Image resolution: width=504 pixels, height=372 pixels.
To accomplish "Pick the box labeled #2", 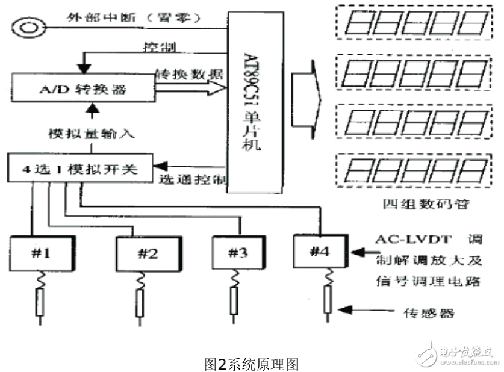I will point(148,253).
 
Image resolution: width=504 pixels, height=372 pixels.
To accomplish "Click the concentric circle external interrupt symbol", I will point(28,27).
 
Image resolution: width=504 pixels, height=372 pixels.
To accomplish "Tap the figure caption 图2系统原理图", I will point(252,364).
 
